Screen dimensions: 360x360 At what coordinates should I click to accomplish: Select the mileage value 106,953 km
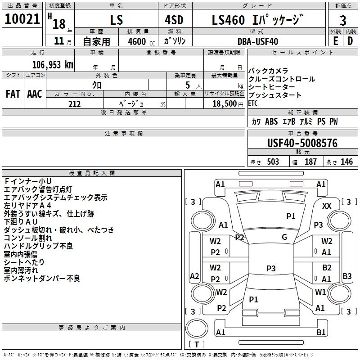pos(53,64)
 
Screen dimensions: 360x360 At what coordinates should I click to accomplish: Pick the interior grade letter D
pos(350,40)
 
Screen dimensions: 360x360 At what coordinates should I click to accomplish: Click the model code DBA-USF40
pos(257,41)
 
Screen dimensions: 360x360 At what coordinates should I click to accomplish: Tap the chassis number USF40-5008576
pos(302,143)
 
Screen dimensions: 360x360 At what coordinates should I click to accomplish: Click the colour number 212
pos(74,104)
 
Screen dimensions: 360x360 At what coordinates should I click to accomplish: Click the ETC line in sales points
pos(253,103)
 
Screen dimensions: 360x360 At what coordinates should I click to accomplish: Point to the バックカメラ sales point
pos(268,71)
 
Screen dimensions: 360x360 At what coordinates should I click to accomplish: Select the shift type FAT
pos(13,94)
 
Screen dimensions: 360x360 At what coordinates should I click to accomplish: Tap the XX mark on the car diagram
pos(327,206)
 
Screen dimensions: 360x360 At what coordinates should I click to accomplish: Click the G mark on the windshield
pos(284,237)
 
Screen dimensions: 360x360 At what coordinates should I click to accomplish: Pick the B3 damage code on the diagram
pos(347,276)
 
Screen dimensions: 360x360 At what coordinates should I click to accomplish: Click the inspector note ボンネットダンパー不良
pos(42,279)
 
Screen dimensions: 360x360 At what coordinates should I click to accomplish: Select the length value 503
pos(273,162)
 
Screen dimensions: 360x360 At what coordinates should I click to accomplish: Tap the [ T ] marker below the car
pos(197,344)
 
